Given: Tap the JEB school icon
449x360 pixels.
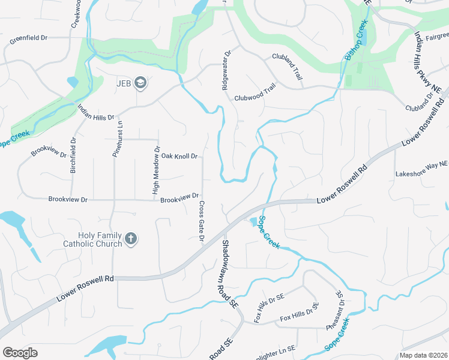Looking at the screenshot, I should tap(140, 83).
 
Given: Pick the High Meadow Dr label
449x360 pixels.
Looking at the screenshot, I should tap(156, 171).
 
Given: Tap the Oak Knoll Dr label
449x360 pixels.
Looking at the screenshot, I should tap(179, 157).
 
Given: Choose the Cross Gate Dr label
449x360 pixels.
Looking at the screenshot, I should tap(202, 222).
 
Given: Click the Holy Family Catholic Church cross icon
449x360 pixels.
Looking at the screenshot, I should tap(131, 239).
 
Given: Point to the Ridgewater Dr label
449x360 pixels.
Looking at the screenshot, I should tap(226, 70).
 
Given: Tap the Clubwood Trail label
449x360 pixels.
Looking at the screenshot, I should tap(255, 97).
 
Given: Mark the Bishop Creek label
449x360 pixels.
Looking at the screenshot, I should tap(355, 41).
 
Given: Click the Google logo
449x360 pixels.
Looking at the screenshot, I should tap(20, 352).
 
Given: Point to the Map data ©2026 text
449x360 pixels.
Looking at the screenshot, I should tap(423, 355).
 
